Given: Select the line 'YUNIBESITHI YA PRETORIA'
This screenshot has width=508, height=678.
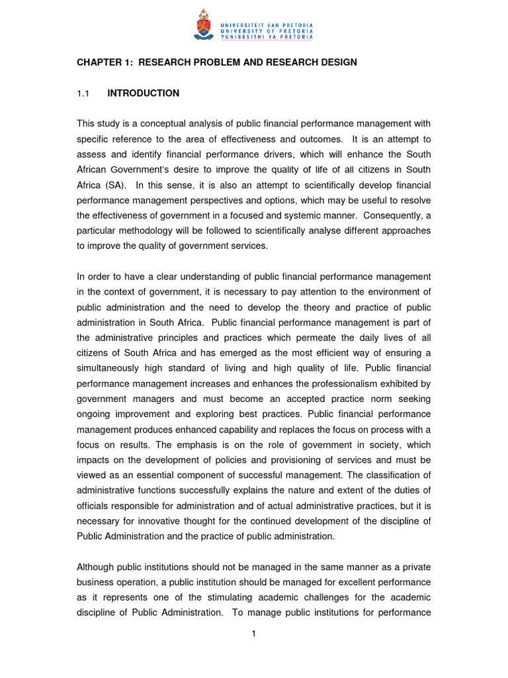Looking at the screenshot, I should (267, 37).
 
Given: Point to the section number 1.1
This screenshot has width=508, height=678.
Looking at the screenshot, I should (83, 93).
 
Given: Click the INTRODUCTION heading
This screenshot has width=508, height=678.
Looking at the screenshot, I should (143, 93).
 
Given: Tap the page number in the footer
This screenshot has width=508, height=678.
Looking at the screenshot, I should (254, 634).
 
